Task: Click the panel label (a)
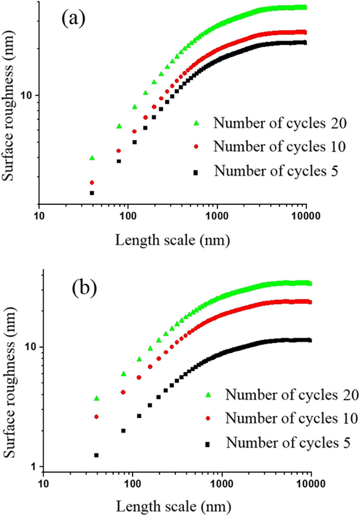[73, 18]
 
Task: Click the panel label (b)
[84, 288]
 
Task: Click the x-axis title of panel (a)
[172, 240]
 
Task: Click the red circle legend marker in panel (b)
[208, 418]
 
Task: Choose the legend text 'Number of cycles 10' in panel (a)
[280, 147]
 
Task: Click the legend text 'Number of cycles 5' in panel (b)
[288, 442]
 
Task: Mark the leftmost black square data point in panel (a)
[92, 193]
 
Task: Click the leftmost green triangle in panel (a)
[92, 158]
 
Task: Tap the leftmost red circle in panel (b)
[96, 417]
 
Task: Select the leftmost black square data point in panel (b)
[96, 455]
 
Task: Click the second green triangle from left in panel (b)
[123, 374]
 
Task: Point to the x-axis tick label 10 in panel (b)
[44, 483]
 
